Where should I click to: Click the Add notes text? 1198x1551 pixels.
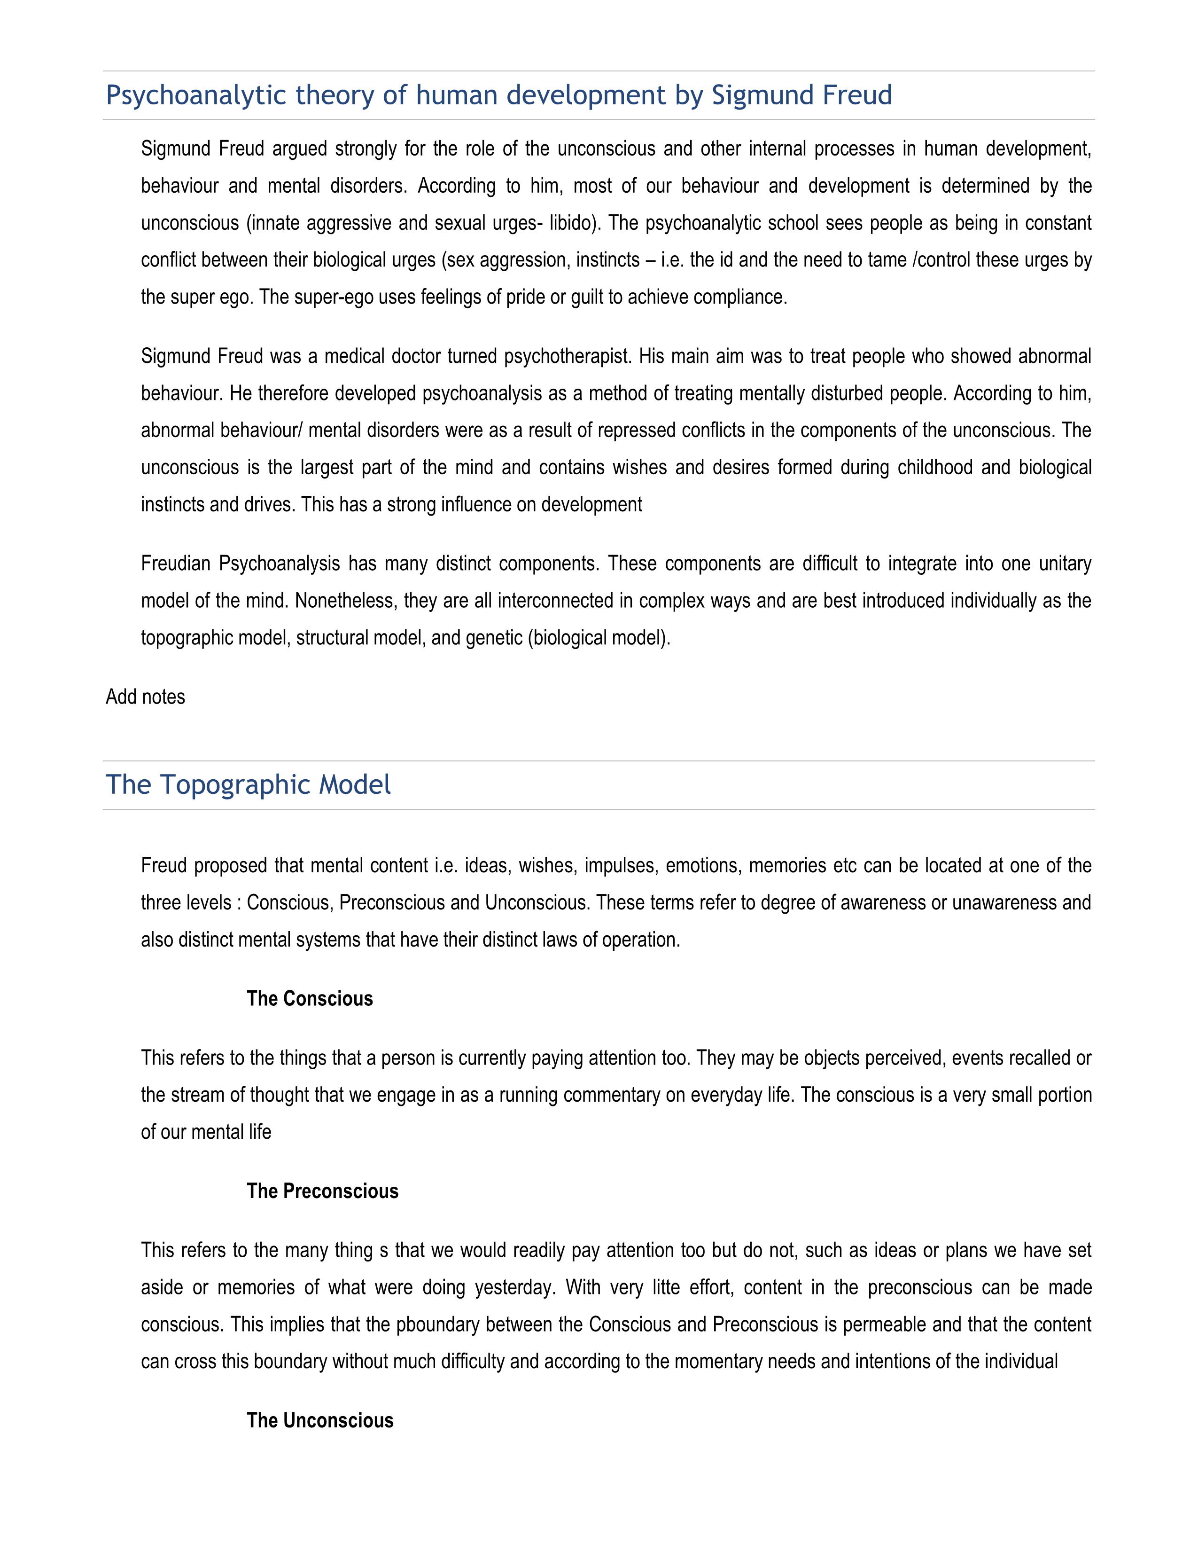146,697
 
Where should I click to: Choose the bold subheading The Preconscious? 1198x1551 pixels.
322,1191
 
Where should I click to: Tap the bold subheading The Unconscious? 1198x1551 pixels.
319,1420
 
